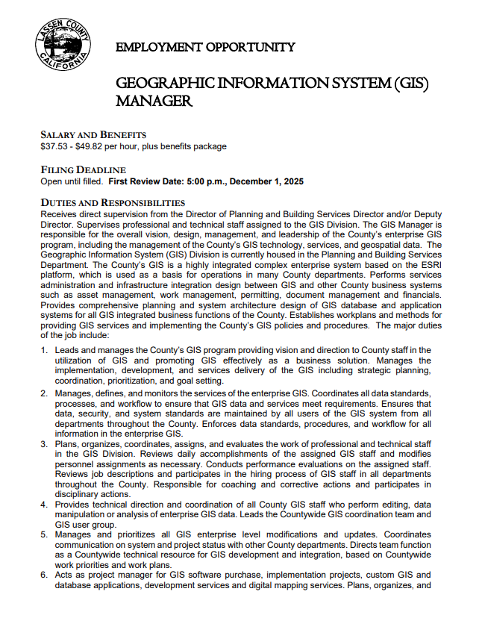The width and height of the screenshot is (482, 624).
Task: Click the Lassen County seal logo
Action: click(63, 45)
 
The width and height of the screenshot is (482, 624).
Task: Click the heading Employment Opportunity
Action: click(205, 48)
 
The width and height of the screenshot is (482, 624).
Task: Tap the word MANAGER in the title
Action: click(154, 101)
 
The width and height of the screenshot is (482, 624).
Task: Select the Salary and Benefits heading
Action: click(93, 134)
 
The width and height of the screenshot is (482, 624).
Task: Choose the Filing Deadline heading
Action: click(83, 170)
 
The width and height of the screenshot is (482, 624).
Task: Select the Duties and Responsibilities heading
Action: click(113, 203)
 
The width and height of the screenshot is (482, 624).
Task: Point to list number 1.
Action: click(44, 350)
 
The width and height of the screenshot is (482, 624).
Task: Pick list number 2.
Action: click(44, 393)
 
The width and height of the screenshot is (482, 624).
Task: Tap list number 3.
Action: click(44, 445)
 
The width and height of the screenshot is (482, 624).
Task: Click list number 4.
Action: click(44, 505)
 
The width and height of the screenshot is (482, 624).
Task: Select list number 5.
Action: click(44, 535)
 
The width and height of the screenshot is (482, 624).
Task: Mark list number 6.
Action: click(44, 575)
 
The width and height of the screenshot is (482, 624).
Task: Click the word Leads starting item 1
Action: click(69, 350)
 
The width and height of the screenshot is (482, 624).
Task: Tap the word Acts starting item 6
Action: click(66, 575)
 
